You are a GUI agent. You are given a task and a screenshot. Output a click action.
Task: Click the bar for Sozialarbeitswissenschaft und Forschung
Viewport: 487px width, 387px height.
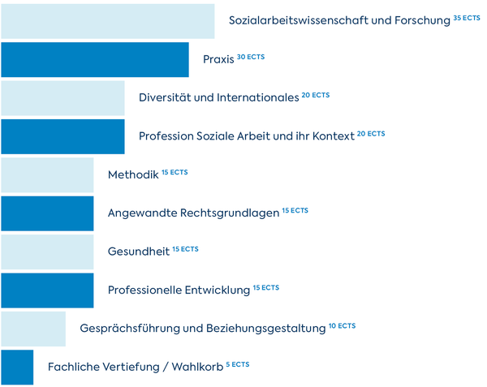pos(107,21)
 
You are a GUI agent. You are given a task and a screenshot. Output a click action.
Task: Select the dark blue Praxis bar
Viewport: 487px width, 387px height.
pos(94,59)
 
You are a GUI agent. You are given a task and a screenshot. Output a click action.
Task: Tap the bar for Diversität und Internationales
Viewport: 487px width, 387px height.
pos(62,98)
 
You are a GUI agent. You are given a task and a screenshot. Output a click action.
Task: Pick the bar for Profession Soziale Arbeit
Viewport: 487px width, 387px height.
pos(62,136)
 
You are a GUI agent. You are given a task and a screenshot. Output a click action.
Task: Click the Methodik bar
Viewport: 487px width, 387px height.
pos(47,174)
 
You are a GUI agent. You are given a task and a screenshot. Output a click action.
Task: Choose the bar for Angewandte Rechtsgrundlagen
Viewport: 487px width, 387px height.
pos(47,213)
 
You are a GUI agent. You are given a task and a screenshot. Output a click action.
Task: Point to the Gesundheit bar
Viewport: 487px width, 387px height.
pos(47,252)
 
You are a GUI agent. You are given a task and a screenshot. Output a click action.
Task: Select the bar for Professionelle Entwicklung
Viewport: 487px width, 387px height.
pos(47,290)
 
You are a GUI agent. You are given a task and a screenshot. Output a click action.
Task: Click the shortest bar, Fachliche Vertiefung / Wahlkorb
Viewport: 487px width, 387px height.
pos(17,367)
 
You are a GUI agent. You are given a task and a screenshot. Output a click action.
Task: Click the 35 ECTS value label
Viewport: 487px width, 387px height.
pos(467,18)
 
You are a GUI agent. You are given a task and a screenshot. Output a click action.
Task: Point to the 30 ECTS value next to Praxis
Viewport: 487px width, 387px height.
pos(250,57)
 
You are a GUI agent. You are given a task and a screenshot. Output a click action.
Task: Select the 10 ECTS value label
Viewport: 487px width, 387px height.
pos(342,325)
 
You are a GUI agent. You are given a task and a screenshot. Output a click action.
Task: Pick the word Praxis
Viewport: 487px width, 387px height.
pos(218,60)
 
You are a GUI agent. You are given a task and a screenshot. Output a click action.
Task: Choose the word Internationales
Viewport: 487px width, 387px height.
pos(258,98)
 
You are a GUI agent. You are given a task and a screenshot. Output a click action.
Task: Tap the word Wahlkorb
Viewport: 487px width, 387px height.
pos(197,368)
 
